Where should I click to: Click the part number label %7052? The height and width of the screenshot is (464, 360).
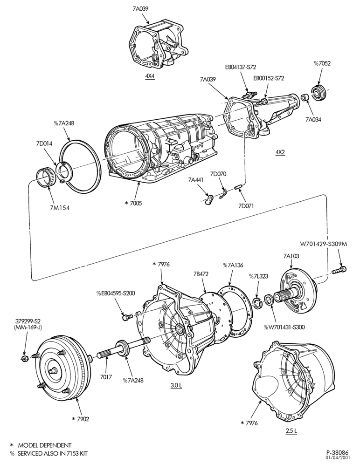pyautogui.click(x=322, y=63)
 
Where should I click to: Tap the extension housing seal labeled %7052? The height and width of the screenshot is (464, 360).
pyautogui.click(x=319, y=93)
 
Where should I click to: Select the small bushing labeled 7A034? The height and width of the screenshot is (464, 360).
pyautogui.click(x=305, y=98)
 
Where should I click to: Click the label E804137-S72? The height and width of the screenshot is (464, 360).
pyautogui.click(x=240, y=67)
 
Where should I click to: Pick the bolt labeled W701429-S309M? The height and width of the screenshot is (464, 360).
pyautogui.click(x=339, y=270)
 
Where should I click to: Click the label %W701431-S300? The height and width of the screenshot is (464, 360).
pyautogui.click(x=284, y=327)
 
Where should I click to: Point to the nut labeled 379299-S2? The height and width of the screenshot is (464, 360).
pyautogui.click(x=25, y=358)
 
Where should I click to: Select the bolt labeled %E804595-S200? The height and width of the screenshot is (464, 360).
pyautogui.click(x=126, y=317)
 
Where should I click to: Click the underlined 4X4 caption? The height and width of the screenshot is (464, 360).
pyautogui.click(x=150, y=76)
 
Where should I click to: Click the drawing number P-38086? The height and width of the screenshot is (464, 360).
pyautogui.click(x=337, y=452)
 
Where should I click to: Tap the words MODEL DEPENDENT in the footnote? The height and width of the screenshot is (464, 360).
pyautogui.click(x=44, y=445)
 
